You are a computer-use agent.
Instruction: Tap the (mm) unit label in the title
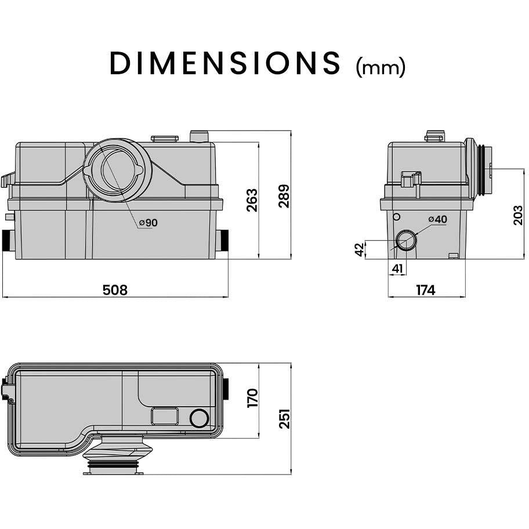point(381,67)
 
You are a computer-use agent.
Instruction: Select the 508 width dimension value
point(115,290)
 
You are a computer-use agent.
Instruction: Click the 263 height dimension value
point(252,200)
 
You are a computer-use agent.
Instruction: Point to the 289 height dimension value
point(284,197)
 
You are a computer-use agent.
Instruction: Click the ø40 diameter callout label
point(437,219)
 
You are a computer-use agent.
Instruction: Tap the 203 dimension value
point(517,215)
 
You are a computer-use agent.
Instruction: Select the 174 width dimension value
point(426,290)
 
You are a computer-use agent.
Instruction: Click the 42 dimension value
point(360,249)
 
